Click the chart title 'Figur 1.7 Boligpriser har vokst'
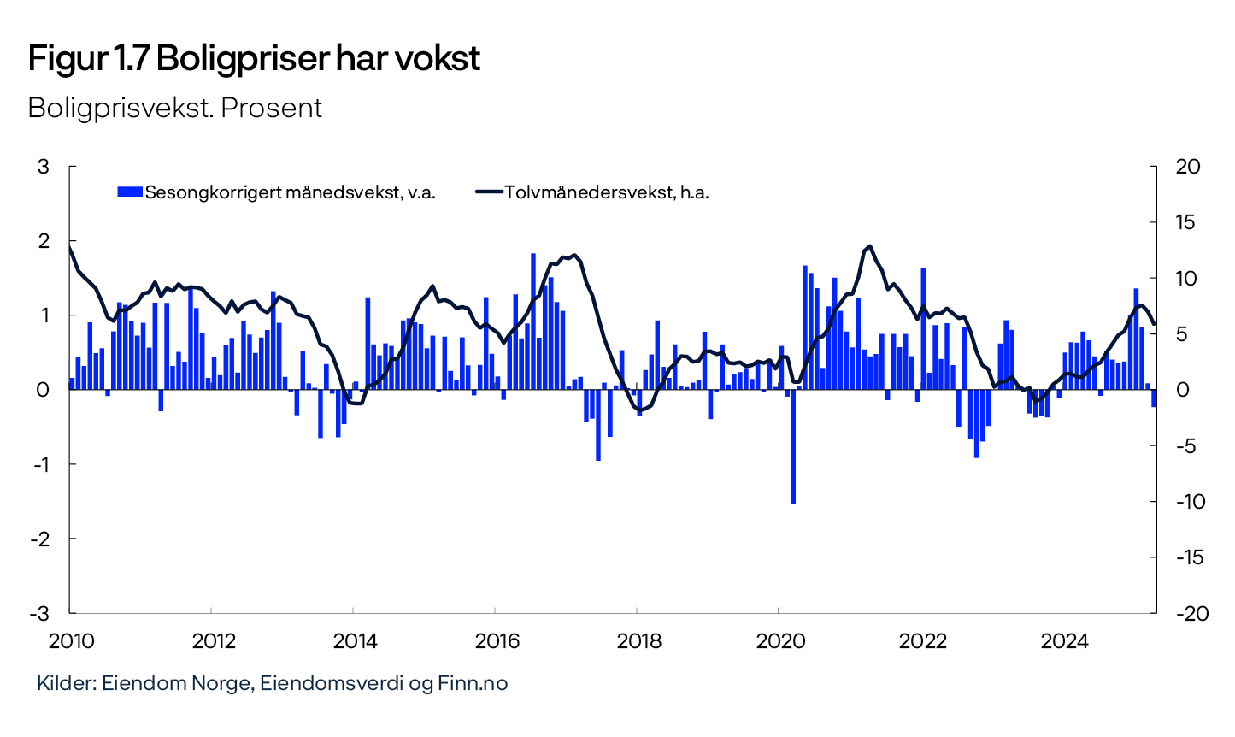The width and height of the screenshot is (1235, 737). [254, 59]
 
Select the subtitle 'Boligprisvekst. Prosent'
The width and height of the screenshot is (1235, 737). [174, 108]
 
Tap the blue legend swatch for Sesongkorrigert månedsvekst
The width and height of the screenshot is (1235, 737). [129, 192]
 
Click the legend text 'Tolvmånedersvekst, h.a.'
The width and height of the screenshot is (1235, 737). [607, 192]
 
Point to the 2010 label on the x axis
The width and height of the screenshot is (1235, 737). [69, 640]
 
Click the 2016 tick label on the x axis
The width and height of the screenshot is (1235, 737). [495, 640]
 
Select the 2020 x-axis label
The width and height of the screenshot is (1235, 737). [778, 640]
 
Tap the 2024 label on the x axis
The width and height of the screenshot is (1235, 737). [1062, 640]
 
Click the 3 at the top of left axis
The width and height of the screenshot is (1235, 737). [43, 167]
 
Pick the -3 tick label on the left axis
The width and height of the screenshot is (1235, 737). [39, 613]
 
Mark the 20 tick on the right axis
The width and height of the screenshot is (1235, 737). [1188, 167]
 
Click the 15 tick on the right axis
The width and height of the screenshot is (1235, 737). [1188, 222]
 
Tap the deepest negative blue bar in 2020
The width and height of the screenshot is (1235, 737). [793, 446]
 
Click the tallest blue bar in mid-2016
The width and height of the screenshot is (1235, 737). [533, 321]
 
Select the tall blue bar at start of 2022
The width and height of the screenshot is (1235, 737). [923, 328]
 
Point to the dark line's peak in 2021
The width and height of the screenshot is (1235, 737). [870, 246]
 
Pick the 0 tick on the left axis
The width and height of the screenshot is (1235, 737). [43, 390]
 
